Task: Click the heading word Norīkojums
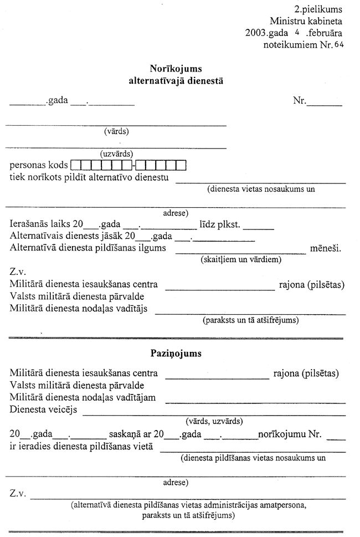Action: coord(176,69)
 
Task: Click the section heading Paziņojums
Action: coord(176,352)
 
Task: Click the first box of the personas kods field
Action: coord(76,165)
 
